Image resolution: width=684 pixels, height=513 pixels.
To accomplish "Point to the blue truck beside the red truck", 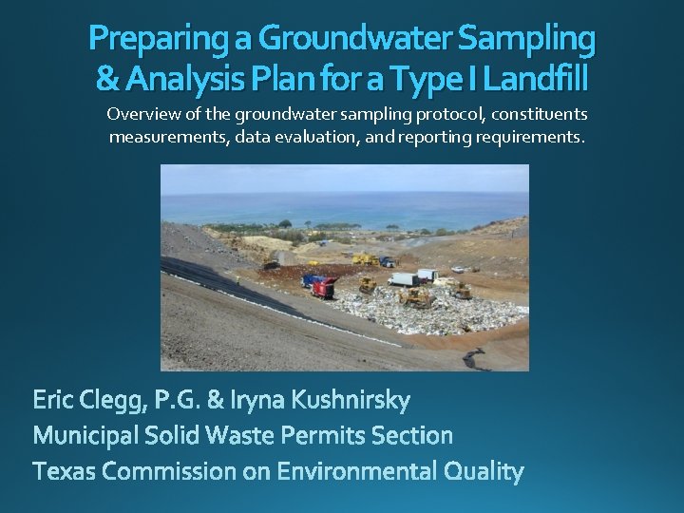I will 310,280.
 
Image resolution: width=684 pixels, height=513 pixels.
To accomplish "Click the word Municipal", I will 85,436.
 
